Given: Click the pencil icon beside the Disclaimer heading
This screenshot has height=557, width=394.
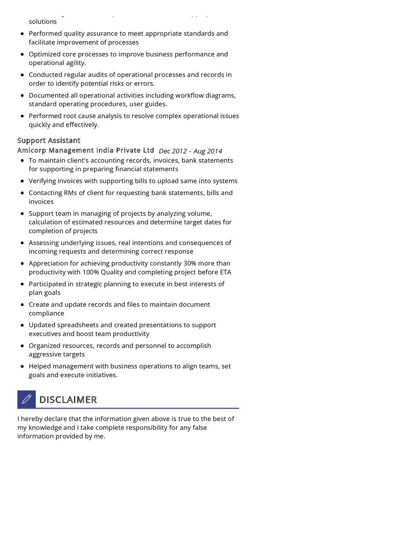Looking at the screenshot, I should [26, 399].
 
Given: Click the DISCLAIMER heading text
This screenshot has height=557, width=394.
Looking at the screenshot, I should [68, 400].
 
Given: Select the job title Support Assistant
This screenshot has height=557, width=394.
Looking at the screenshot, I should [49, 140].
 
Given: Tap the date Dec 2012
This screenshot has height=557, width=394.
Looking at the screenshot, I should [173, 151].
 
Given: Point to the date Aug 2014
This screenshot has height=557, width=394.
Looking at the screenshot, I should [208, 151].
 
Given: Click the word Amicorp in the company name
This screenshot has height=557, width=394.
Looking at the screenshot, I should [31, 150].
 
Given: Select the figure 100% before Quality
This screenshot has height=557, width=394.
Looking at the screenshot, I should [91, 272].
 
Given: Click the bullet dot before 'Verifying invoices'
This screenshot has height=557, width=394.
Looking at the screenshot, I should [22, 181].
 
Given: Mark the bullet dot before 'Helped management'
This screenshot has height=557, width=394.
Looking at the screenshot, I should [22, 366].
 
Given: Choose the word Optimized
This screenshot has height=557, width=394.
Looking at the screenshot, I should [45, 54].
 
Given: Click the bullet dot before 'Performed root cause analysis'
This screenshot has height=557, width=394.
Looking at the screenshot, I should [22, 116].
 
